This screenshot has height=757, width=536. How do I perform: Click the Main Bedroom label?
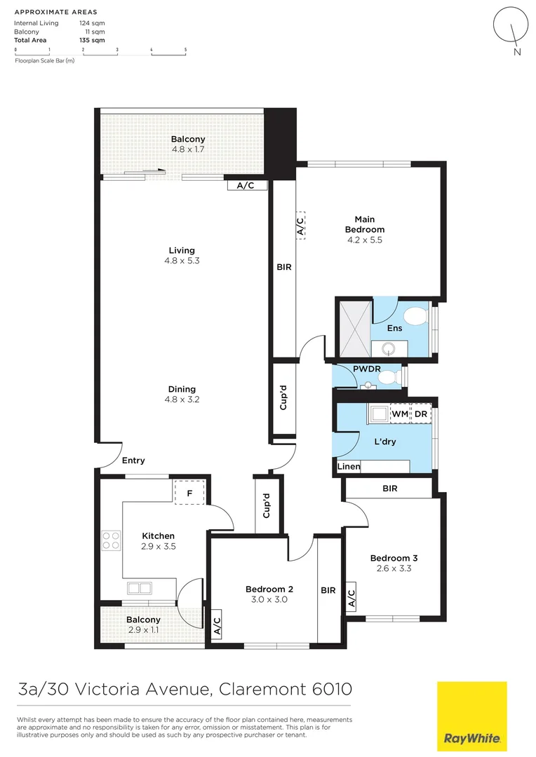tap(364, 224)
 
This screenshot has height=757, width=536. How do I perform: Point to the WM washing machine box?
tap(399, 415)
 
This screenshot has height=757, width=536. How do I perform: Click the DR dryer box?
tap(421, 415)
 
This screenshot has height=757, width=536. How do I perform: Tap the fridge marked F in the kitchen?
tap(189, 492)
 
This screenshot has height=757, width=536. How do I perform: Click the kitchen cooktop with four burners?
tap(111, 540)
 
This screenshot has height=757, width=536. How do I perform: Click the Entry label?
tap(133, 461)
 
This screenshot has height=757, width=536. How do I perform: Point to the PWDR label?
tap(366, 368)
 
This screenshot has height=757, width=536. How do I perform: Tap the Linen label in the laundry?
tap(349, 466)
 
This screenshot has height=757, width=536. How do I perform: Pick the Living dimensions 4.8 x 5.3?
tap(182, 261)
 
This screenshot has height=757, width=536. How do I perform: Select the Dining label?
tap(182, 389)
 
